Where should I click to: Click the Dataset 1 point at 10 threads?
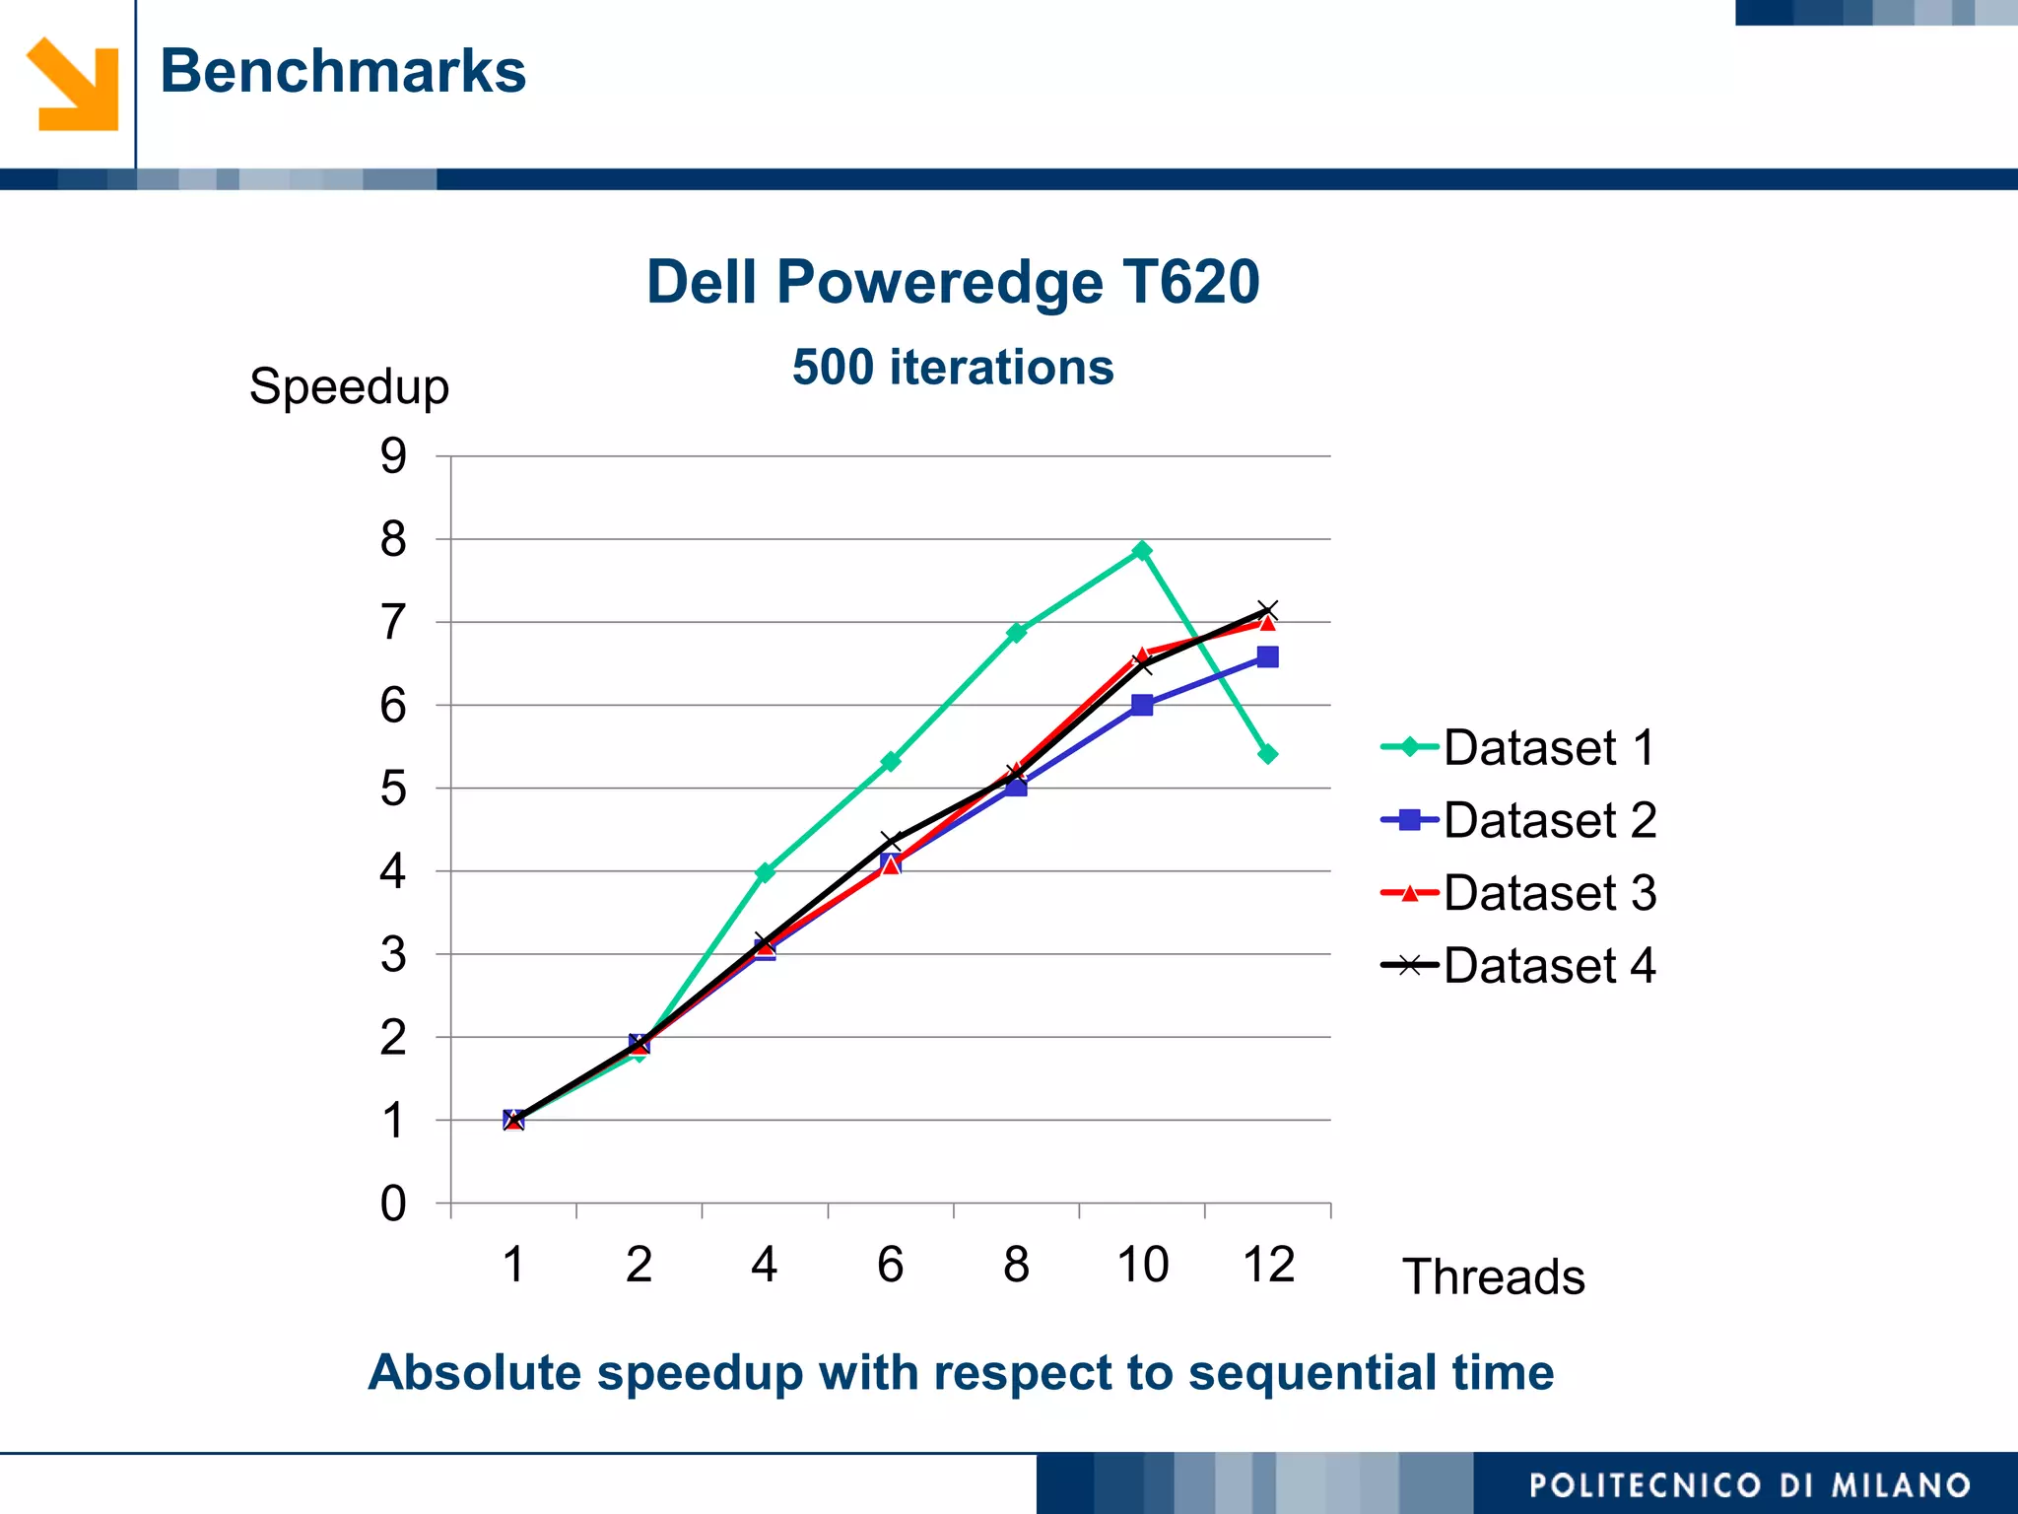1142,550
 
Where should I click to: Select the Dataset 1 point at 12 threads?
1268,754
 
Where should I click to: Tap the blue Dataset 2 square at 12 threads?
1268,657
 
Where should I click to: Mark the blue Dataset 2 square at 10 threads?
1142,705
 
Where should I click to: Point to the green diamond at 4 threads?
765,872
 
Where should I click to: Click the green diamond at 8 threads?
1016,632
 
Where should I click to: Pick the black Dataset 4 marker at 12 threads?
1268,610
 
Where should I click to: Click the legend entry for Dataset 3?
1518,893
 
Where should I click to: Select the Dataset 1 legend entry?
1518,747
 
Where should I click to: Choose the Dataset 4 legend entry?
1518,965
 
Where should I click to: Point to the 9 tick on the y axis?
393,456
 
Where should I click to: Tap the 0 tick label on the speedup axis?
393,1204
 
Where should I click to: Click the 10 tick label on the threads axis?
1142,1265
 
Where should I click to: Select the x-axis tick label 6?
890,1265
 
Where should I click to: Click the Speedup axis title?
349,386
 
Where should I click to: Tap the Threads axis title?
1493,1276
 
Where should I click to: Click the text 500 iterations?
953,367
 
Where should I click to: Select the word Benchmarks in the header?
343,71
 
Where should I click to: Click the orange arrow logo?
73,84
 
